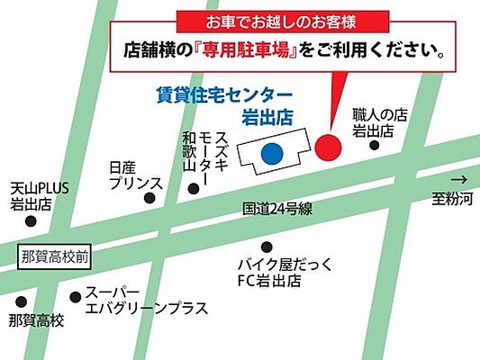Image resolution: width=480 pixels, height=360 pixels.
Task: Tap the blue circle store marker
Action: point(270,153)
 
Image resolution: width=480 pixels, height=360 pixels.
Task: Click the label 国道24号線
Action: point(277,208)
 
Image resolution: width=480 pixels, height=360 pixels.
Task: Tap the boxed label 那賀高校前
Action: point(55,256)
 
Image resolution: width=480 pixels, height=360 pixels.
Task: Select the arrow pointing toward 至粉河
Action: point(460,178)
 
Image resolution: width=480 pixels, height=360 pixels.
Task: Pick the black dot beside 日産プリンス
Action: point(150,198)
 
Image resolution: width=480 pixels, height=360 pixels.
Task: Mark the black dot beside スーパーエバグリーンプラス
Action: point(75,297)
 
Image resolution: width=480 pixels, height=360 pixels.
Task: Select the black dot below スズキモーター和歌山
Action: point(193,189)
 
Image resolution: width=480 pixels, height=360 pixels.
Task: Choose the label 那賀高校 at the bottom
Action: point(36,320)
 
